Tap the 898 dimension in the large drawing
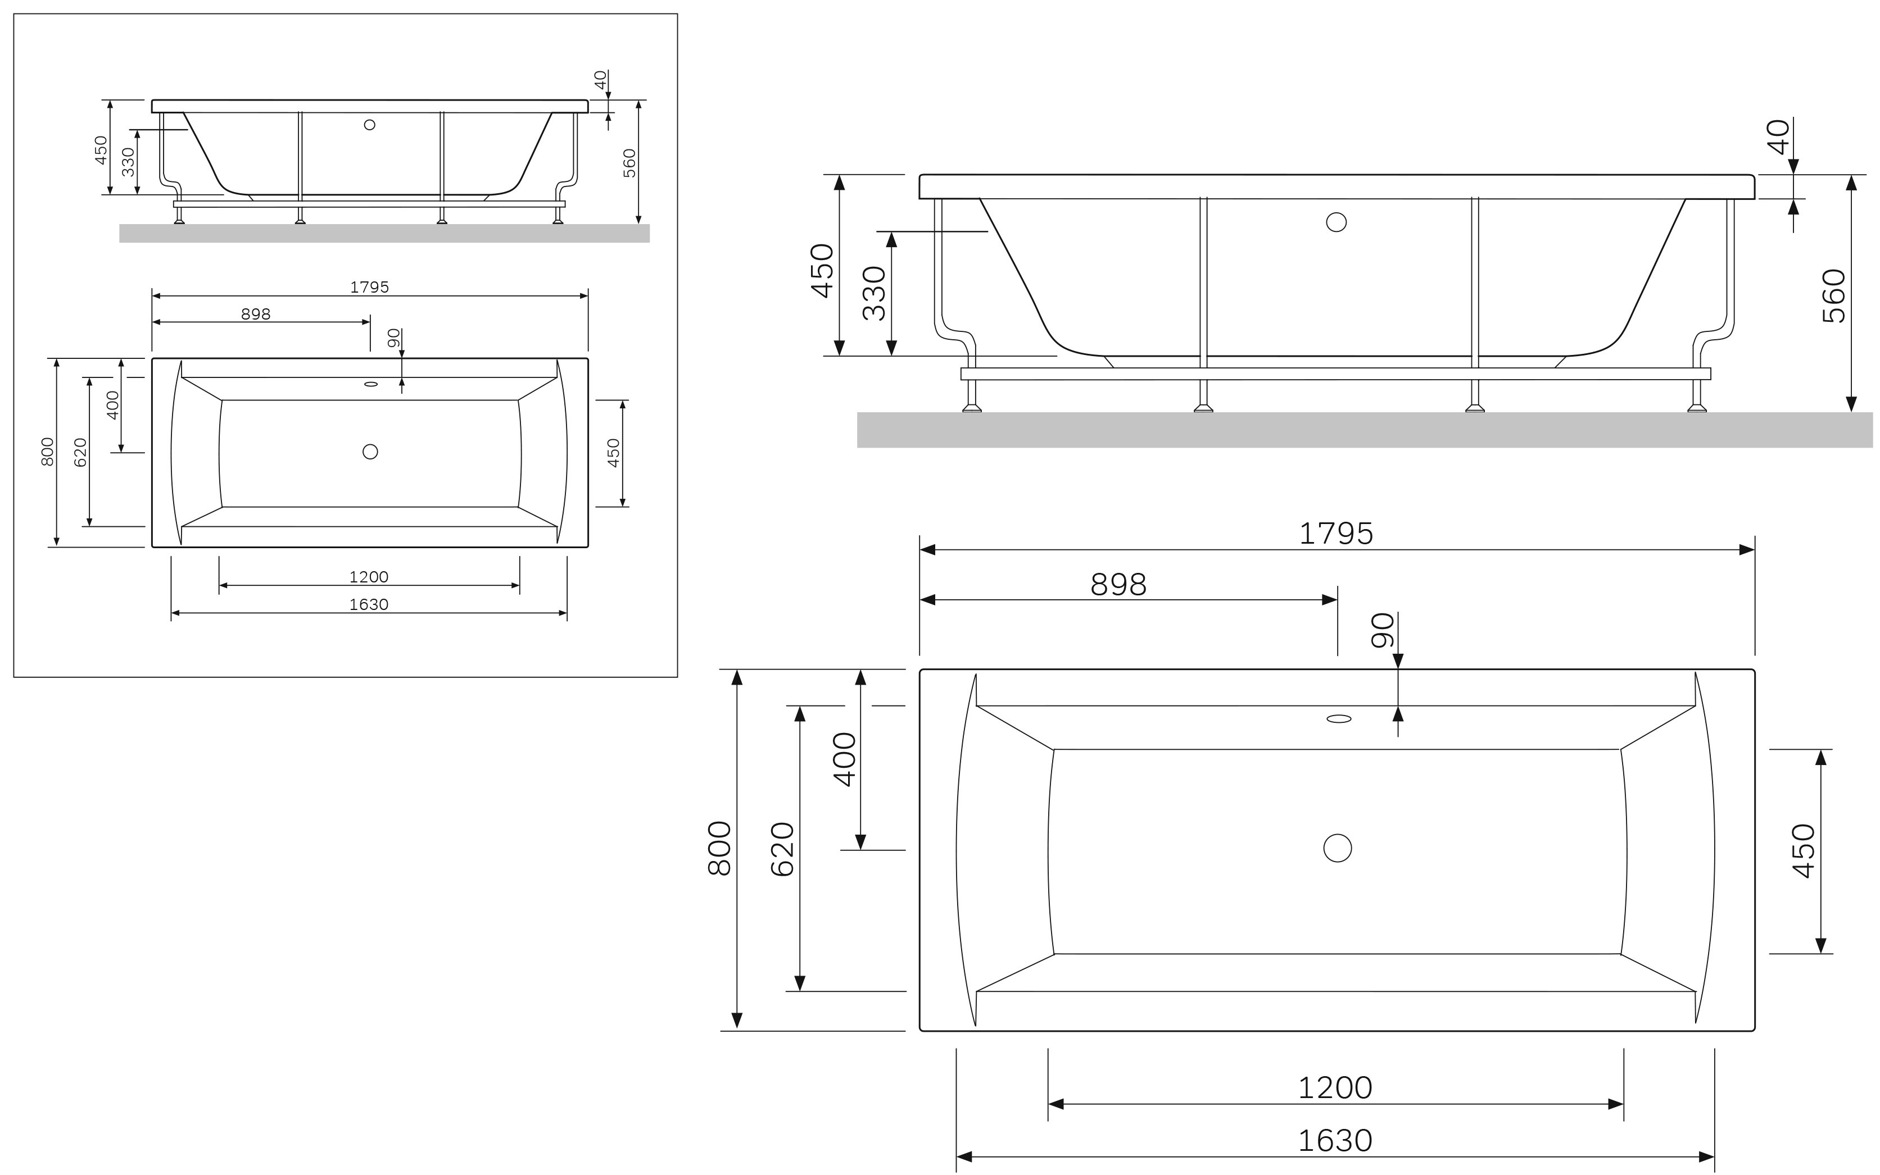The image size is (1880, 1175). coord(1118,584)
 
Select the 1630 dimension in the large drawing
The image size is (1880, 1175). coord(1335,1141)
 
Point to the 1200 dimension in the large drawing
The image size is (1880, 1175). coord(1335,1088)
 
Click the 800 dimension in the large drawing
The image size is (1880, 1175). coord(720,849)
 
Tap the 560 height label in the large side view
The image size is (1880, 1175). coord(1833,296)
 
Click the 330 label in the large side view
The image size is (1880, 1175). coord(874,294)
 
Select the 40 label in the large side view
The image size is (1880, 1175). coord(1779,137)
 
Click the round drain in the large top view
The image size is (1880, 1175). coord(1337,848)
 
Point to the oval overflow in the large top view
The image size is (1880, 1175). coord(1338,719)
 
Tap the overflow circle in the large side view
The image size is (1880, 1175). coord(1336,222)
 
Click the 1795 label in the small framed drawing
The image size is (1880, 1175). coord(369,288)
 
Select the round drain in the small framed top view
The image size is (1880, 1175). coord(370,452)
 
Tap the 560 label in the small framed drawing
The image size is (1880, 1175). coord(630,163)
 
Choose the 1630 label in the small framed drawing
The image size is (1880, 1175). coord(369,604)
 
